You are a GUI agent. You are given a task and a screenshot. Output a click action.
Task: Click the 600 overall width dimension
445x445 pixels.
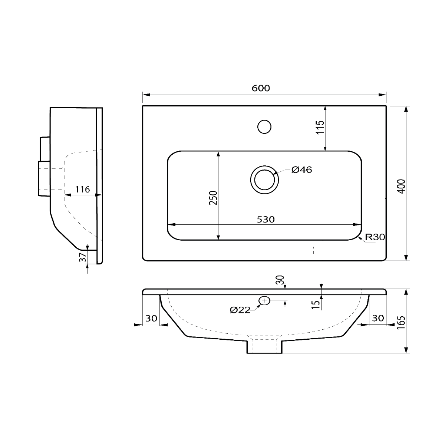260,88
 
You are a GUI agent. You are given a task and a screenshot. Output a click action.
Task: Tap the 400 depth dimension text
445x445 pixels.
402,186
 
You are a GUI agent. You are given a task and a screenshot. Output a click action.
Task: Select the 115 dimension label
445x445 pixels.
320,127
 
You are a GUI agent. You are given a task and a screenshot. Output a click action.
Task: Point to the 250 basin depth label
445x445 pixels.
213,198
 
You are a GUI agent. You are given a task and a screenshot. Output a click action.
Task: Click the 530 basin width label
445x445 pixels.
266,220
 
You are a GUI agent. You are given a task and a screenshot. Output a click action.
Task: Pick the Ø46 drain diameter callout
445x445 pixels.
301,170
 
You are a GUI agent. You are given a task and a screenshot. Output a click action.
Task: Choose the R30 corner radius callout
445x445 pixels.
375,237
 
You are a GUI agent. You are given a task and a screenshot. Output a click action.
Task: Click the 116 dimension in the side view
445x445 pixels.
82,189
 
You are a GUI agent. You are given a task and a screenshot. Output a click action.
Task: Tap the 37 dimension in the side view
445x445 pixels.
83,257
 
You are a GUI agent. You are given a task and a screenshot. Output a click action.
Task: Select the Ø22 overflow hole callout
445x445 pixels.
240,310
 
